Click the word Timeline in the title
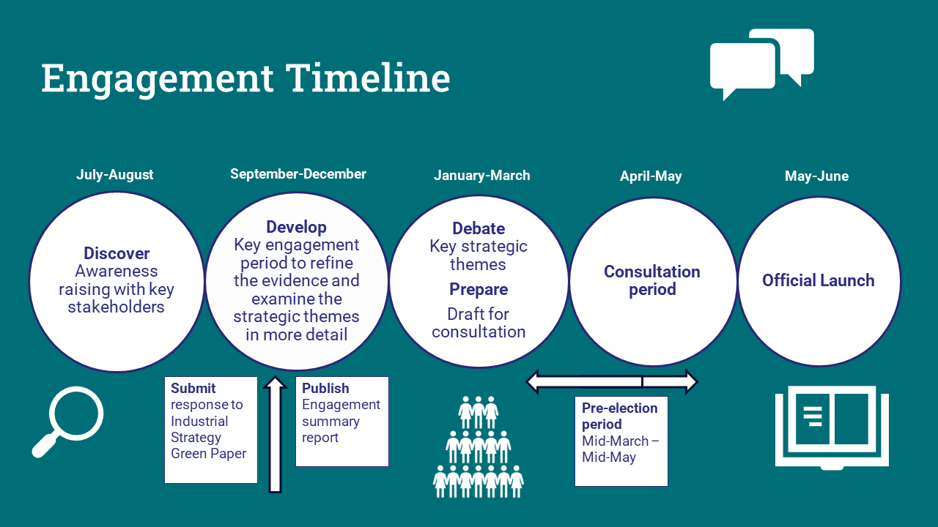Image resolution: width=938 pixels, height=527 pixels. (367, 78)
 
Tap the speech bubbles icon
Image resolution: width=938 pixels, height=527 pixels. (761, 64)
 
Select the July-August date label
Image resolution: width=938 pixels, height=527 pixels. (115, 175)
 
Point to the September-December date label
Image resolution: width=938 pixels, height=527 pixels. (298, 174)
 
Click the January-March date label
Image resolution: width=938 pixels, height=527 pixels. (481, 176)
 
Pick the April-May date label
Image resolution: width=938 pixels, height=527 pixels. (651, 176)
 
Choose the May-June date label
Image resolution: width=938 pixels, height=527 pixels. (816, 176)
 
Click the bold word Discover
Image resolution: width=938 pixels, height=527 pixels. (117, 254)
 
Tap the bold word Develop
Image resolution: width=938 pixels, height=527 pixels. (296, 227)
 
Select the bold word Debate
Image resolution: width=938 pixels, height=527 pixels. (479, 228)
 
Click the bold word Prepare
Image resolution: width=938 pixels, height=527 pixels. (479, 290)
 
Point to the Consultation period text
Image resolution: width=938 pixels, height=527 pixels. (652, 280)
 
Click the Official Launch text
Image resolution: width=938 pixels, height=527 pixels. (818, 280)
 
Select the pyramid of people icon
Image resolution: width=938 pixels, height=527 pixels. (479, 446)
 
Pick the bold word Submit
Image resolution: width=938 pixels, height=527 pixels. (193, 389)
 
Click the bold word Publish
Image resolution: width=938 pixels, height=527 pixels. (325, 389)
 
